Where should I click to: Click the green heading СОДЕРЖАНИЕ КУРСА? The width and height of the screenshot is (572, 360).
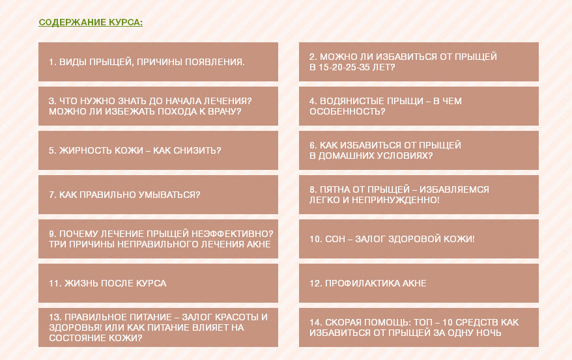click(x=91, y=23)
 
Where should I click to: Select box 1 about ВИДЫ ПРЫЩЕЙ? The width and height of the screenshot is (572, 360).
click(x=158, y=62)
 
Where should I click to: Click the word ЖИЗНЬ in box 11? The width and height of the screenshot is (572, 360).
click(x=81, y=283)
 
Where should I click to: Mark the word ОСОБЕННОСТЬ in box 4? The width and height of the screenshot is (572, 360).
click(x=347, y=111)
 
